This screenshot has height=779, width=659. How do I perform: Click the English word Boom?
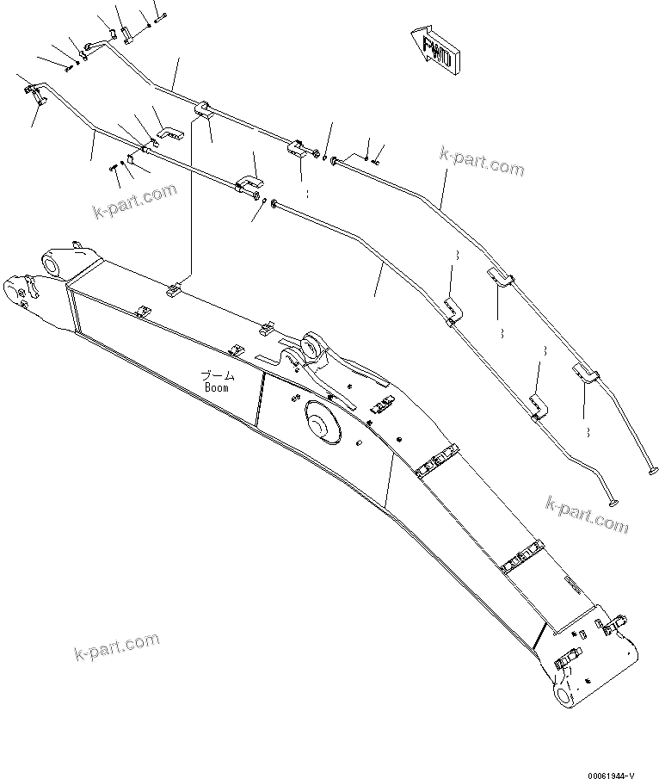(x=217, y=387)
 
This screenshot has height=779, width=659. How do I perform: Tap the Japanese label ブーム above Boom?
(x=217, y=375)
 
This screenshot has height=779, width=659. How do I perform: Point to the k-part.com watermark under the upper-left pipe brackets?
(x=134, y=202)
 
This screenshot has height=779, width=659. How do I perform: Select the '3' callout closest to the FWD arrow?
(x=456, y=256)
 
